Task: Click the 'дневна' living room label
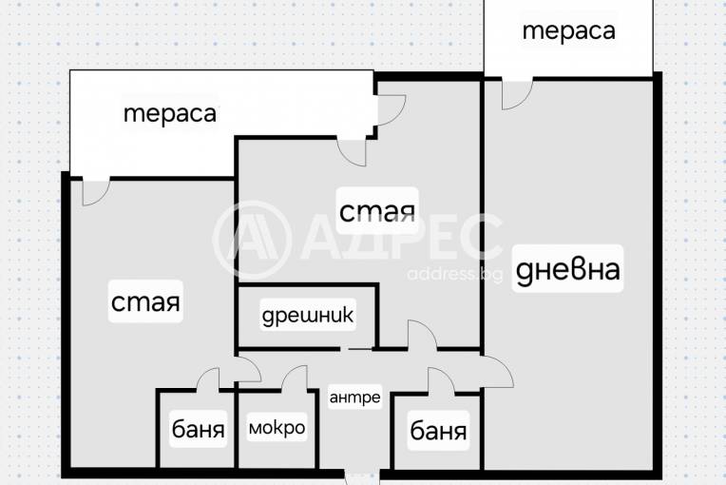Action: pyautogui.click(x=567, y=269)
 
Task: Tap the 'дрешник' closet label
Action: pyautogui.click(x=308, y=316)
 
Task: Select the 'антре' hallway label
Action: pyautogui.click(x=355, y=397)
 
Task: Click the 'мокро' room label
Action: pyautogui.click(x=277, y=428)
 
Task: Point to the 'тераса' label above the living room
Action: pyautogui.click(x=569, y=30)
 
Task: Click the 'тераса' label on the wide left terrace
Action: pyautogui.click(x=170, y=113)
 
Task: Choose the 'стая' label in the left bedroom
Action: pyautogui.click(x=145, y=301)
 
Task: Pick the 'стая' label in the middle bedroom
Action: pyautogui.click(x=377, y=211)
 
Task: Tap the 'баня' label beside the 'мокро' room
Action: pyautogui.click(x=199, y=429)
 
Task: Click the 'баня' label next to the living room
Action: pyautogui.click(x=438, y=431)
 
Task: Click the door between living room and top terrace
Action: pyautogui.click(x=517, y=95)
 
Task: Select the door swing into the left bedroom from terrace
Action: pyautogui.click(x=96, y=191)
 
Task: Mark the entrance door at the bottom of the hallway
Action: pyautogui.click(x=362, y=477)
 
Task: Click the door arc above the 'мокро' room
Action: pyautogui.click(x=295, y=378)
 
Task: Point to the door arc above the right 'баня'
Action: pyautogui.click(x=442, y=381)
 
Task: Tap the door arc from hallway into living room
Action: pyautogui.click(x=497, y=372)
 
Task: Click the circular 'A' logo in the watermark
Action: pyautogui.click(x=252, y=240)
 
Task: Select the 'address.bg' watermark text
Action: pyautogui.click(x=454, y=274)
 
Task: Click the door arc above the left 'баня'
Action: pyautogui.click(x=208, y=379)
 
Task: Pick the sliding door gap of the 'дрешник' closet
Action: pyautogui.click(x=357, y=348)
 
